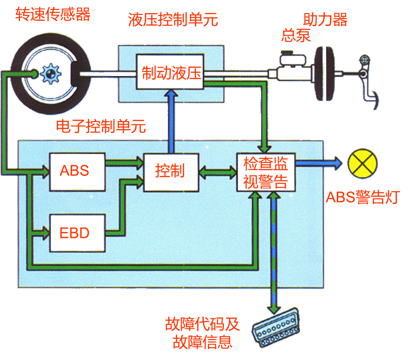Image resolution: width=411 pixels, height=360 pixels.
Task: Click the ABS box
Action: (x=77, y=171)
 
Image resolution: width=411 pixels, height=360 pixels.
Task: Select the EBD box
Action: (x=77, y=233)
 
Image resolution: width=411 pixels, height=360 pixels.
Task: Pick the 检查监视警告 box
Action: (x=265, y=172)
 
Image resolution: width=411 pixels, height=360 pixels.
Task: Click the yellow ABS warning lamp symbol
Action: (x=362, y=163)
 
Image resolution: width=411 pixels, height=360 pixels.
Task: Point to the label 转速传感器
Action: (x=53, y=14)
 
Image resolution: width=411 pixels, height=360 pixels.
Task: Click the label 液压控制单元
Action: (x=173, y=20)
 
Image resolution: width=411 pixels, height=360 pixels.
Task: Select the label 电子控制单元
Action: (x=101, y=127)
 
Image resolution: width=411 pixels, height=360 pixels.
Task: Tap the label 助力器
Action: (x=325, y=19)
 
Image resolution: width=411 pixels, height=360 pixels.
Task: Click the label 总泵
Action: (x=296, y=36)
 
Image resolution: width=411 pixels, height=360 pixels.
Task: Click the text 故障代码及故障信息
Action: (x=202, y=333)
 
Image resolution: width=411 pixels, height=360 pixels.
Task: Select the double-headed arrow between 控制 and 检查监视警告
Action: (x=217, y=172)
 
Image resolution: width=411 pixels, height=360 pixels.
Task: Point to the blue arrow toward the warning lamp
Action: (x=319, y=163)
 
